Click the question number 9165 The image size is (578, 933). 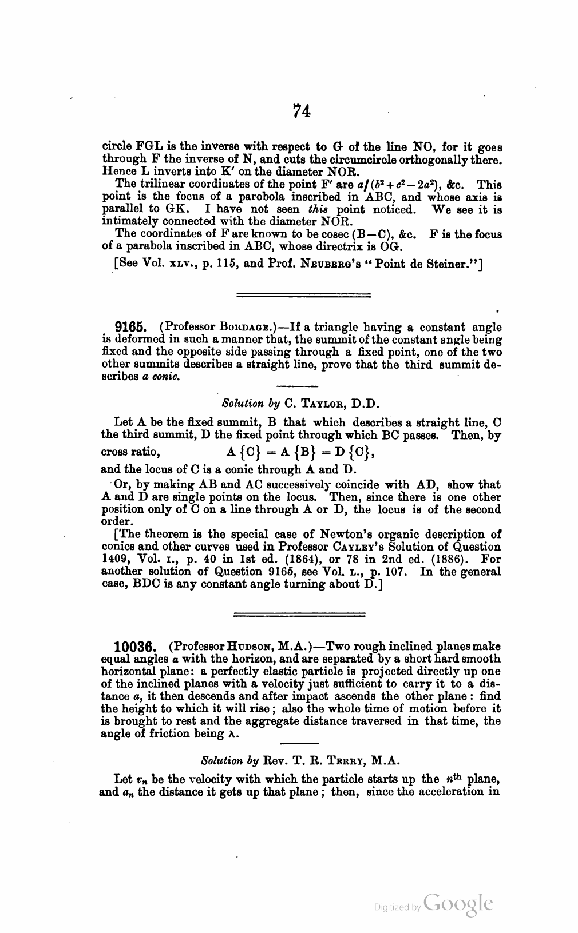(132, 328)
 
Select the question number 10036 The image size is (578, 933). (136, 647)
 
